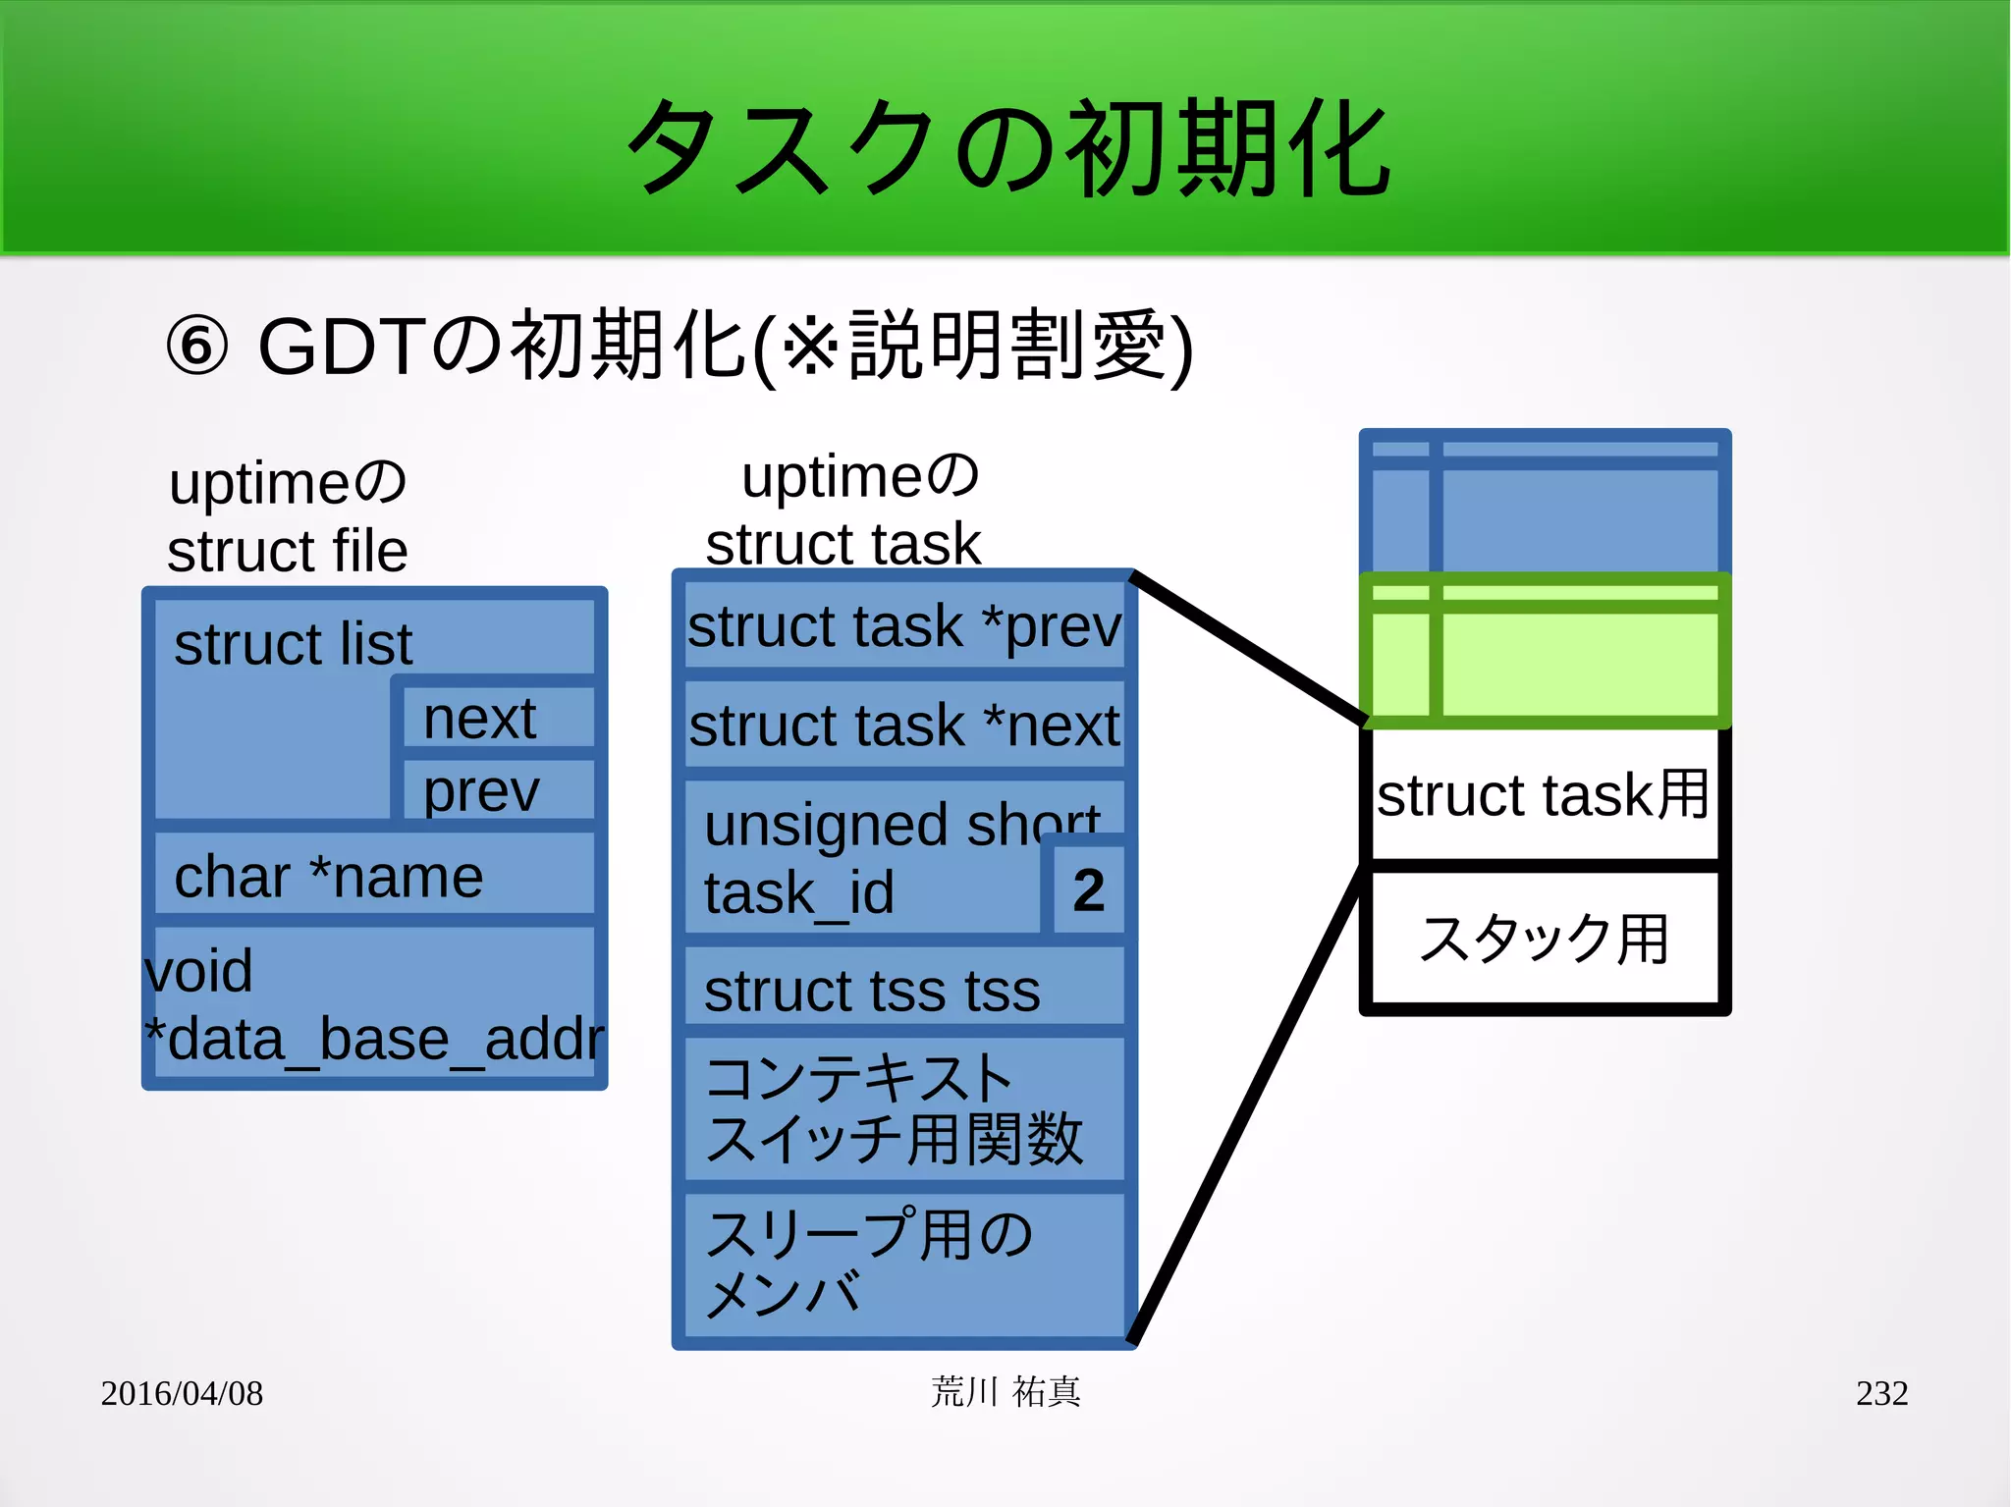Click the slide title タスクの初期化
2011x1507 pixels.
point(1007,147)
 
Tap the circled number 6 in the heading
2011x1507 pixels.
point(196,347)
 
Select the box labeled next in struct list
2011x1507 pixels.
point(499,718)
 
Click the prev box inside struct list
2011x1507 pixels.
point(499,789)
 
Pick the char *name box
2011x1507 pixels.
point(374,876)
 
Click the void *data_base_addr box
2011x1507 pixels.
point(374,1003)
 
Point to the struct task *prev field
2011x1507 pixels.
point(903,626)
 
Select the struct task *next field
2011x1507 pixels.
point(903,726)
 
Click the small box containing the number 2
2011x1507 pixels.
point(1088,890)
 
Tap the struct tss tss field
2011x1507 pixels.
point(903,990)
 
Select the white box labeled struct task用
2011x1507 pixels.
point(1544,794)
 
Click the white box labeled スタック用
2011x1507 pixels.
point(1544,939)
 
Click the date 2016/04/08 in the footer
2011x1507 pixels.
point(182,1393)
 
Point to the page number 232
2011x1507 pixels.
point(1881,1393)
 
